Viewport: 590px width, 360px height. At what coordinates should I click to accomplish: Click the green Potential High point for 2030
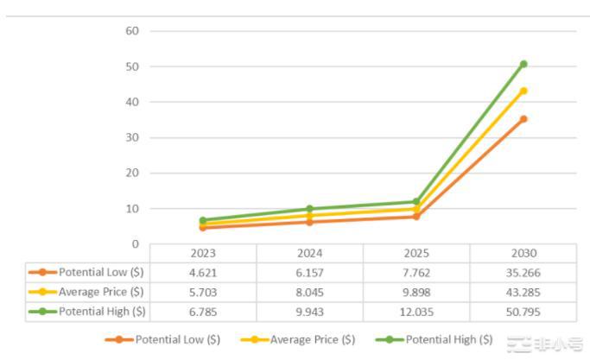(523, 64)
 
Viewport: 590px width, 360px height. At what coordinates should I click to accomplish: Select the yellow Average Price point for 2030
(523, 91)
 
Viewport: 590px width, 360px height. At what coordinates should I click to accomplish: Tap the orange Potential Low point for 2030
(523, 119)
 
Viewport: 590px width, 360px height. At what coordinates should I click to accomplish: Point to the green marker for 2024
(309, 209)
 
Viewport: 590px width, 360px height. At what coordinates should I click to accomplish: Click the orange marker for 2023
(203, 227)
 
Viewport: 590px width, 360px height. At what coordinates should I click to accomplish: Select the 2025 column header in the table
(416, 254)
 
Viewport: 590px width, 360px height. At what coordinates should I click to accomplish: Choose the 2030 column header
(523, 254)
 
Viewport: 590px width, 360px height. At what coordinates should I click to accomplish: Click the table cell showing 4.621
(203, 273)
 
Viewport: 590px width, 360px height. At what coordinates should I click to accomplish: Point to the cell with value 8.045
(309, 292)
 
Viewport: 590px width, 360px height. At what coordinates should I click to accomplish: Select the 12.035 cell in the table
(416, 311)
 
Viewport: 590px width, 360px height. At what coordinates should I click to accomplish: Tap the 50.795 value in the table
(523, 311)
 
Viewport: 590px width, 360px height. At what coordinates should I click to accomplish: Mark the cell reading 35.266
(523, 273)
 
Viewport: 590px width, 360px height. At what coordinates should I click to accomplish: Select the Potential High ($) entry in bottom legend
(448, 340)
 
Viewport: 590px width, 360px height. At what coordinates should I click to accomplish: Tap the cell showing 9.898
(416, 292)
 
